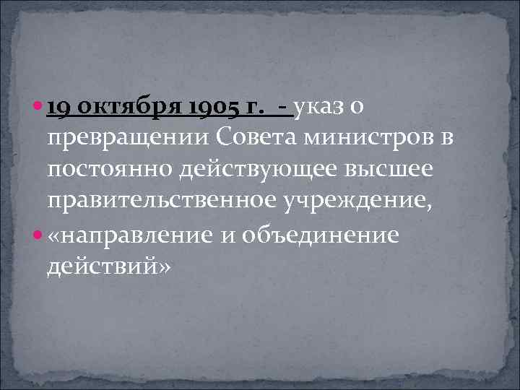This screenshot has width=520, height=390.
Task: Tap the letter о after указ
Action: pos(360,108)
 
